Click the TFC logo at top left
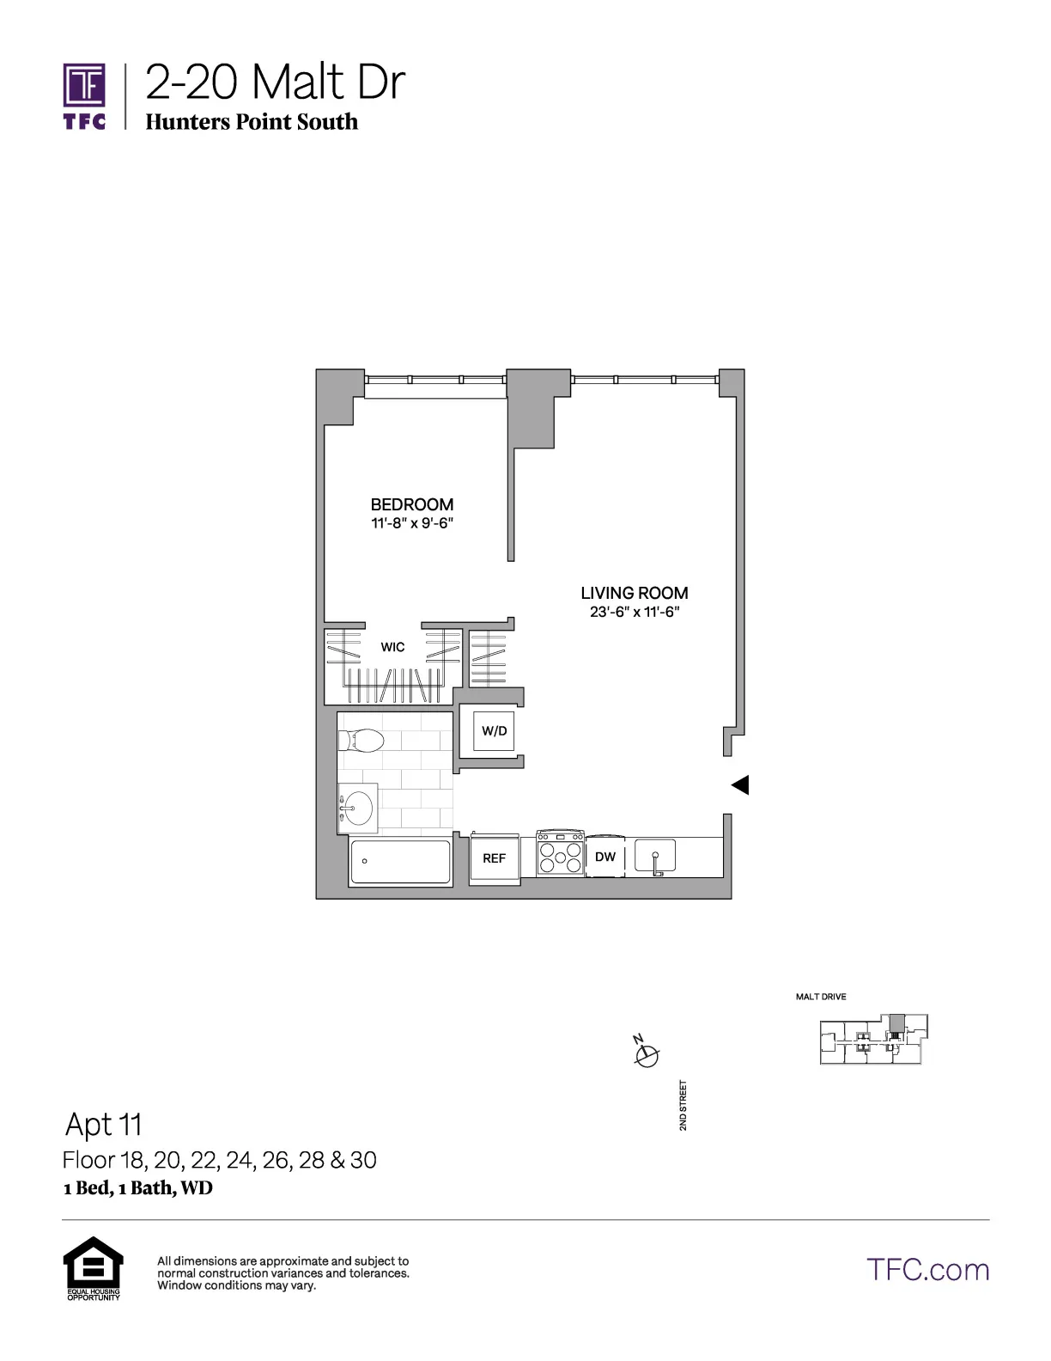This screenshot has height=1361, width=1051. (x=84, y=95)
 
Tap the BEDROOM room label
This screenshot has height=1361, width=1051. (x=411, y=504)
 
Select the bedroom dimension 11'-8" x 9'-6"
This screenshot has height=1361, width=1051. (x=411, y=523)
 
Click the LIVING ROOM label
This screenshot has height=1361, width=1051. (x=634, y=593)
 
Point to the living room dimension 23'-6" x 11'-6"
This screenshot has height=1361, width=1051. (x=634, y=612)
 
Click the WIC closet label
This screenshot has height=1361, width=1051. (x=392, y=647)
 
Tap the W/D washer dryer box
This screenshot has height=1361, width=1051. (x=495, y=731)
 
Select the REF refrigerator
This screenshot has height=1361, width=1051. (x=495, y=857)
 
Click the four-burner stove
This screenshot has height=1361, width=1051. (x=560, y=855)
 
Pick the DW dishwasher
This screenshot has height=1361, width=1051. (x=605, y=857)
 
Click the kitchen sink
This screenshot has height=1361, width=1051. (x=655, y=857)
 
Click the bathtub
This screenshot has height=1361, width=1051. (x=400, y=862)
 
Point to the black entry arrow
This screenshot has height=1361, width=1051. (x=740, y=784)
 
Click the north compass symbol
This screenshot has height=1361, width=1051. (x=646, y=1053)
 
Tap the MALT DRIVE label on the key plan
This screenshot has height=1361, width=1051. (x=821, y=997)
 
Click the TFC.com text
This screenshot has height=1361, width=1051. (x=927, y=1269)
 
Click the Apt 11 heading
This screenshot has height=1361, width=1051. (x=104, y=1124)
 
